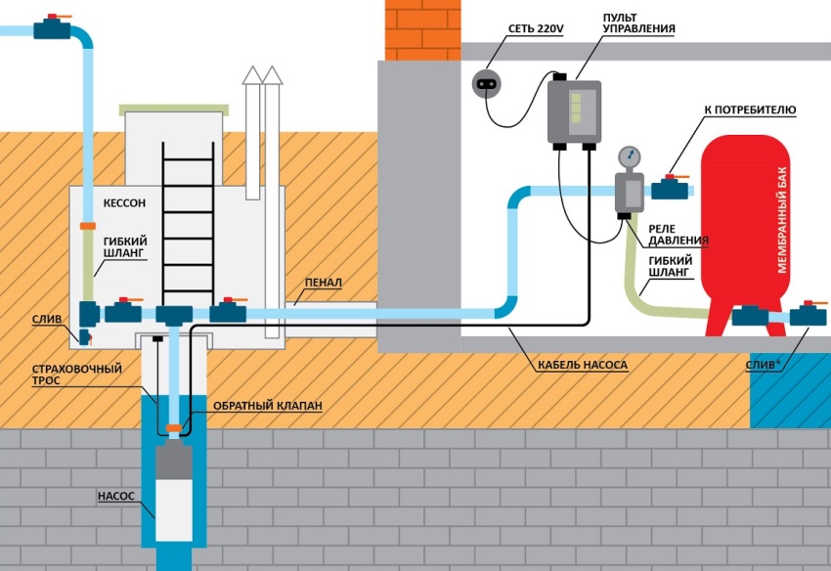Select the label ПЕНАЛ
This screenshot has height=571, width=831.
323,283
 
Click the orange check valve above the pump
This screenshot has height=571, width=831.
174,427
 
